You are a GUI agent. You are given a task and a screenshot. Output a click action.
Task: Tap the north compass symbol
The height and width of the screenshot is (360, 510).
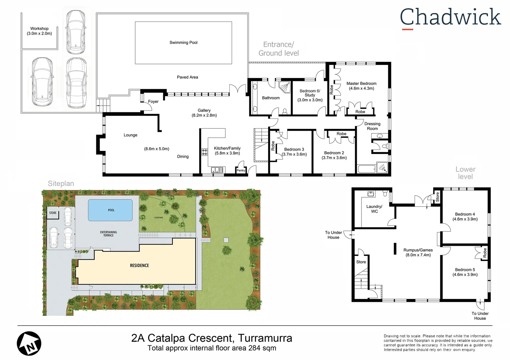pos(29,343)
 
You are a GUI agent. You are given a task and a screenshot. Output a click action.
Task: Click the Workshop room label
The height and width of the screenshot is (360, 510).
pos(39,31)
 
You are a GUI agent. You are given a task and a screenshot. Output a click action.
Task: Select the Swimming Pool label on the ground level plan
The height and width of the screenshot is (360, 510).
pos(183,43)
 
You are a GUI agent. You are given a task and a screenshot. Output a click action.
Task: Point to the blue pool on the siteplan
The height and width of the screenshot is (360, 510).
pos(110,210)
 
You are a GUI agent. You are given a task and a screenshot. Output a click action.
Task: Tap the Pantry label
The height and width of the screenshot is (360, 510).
pos(241,170)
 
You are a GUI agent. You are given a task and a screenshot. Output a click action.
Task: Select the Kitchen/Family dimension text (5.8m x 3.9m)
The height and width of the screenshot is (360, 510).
pos(227,153)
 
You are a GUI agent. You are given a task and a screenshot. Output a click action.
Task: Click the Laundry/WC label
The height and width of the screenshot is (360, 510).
pos(374,209)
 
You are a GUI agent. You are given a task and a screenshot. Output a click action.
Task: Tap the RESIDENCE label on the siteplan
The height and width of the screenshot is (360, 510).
pos(139,266)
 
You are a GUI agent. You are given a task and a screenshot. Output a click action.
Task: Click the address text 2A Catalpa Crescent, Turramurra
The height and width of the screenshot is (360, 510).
pos(212,338)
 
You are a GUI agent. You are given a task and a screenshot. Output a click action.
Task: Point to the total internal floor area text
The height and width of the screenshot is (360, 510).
pos(212,348)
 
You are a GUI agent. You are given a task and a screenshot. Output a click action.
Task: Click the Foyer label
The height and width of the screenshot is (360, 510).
pos(153,102)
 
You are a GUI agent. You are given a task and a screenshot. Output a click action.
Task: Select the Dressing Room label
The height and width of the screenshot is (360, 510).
pos(372,126)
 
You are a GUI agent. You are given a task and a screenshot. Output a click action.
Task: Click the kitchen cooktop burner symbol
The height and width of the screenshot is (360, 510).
pos(204,152)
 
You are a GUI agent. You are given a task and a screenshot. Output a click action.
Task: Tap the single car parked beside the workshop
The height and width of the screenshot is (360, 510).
pos(75,32)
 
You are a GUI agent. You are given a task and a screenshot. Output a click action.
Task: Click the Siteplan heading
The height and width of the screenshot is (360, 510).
pos(61,184)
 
